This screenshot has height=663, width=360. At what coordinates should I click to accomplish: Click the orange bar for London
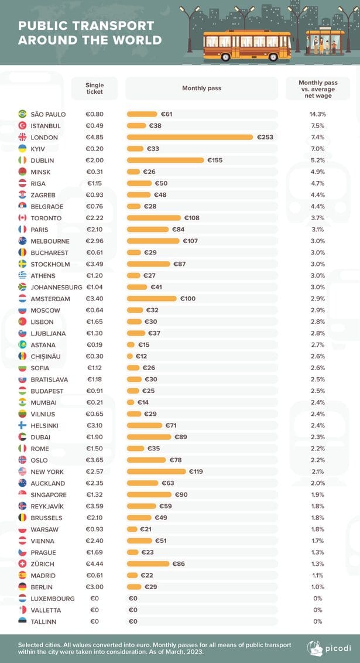tap(190, 137)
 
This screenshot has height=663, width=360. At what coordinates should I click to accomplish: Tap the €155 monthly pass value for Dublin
tap(215, 160)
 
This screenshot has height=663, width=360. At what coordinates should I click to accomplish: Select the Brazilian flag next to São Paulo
tap(22, 114)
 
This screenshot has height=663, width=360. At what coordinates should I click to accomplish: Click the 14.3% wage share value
tap(317, 114)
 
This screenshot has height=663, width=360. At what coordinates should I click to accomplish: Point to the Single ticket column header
tap(94, 88)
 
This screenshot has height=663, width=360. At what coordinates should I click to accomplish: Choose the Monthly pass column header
tap(201, 88)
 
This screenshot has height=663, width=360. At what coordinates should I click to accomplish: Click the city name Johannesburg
tap(56, 287)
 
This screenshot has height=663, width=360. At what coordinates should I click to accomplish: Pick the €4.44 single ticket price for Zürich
tap(95, 563)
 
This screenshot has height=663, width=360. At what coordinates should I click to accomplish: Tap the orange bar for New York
tap(156, 471)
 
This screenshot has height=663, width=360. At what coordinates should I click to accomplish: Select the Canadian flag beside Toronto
tap(22, 218)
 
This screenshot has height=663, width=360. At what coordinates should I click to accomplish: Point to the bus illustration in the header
tap(247, 45)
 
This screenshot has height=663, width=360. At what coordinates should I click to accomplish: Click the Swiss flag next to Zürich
tap(22, 563)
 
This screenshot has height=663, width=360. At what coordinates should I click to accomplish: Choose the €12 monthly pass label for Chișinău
tap(141, 357)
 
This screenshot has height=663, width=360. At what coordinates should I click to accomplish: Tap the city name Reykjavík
tap(47, 506)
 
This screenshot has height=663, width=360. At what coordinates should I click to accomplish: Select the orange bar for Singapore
tap(149, 495)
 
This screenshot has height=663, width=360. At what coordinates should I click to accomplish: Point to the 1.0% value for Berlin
tap(317, 587)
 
